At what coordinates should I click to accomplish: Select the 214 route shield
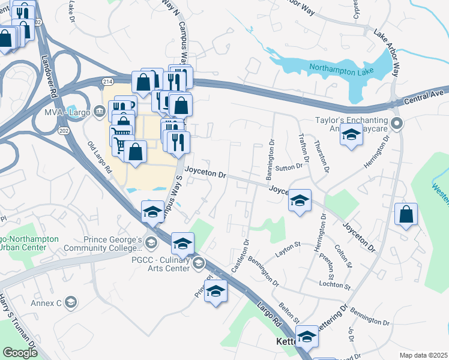108,81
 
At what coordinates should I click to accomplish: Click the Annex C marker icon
71,302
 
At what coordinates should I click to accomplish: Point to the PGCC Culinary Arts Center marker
199,263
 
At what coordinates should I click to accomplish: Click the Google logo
20,353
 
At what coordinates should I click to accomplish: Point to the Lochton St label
334,284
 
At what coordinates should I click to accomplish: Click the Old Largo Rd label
100,157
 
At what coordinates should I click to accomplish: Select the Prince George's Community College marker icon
151,242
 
